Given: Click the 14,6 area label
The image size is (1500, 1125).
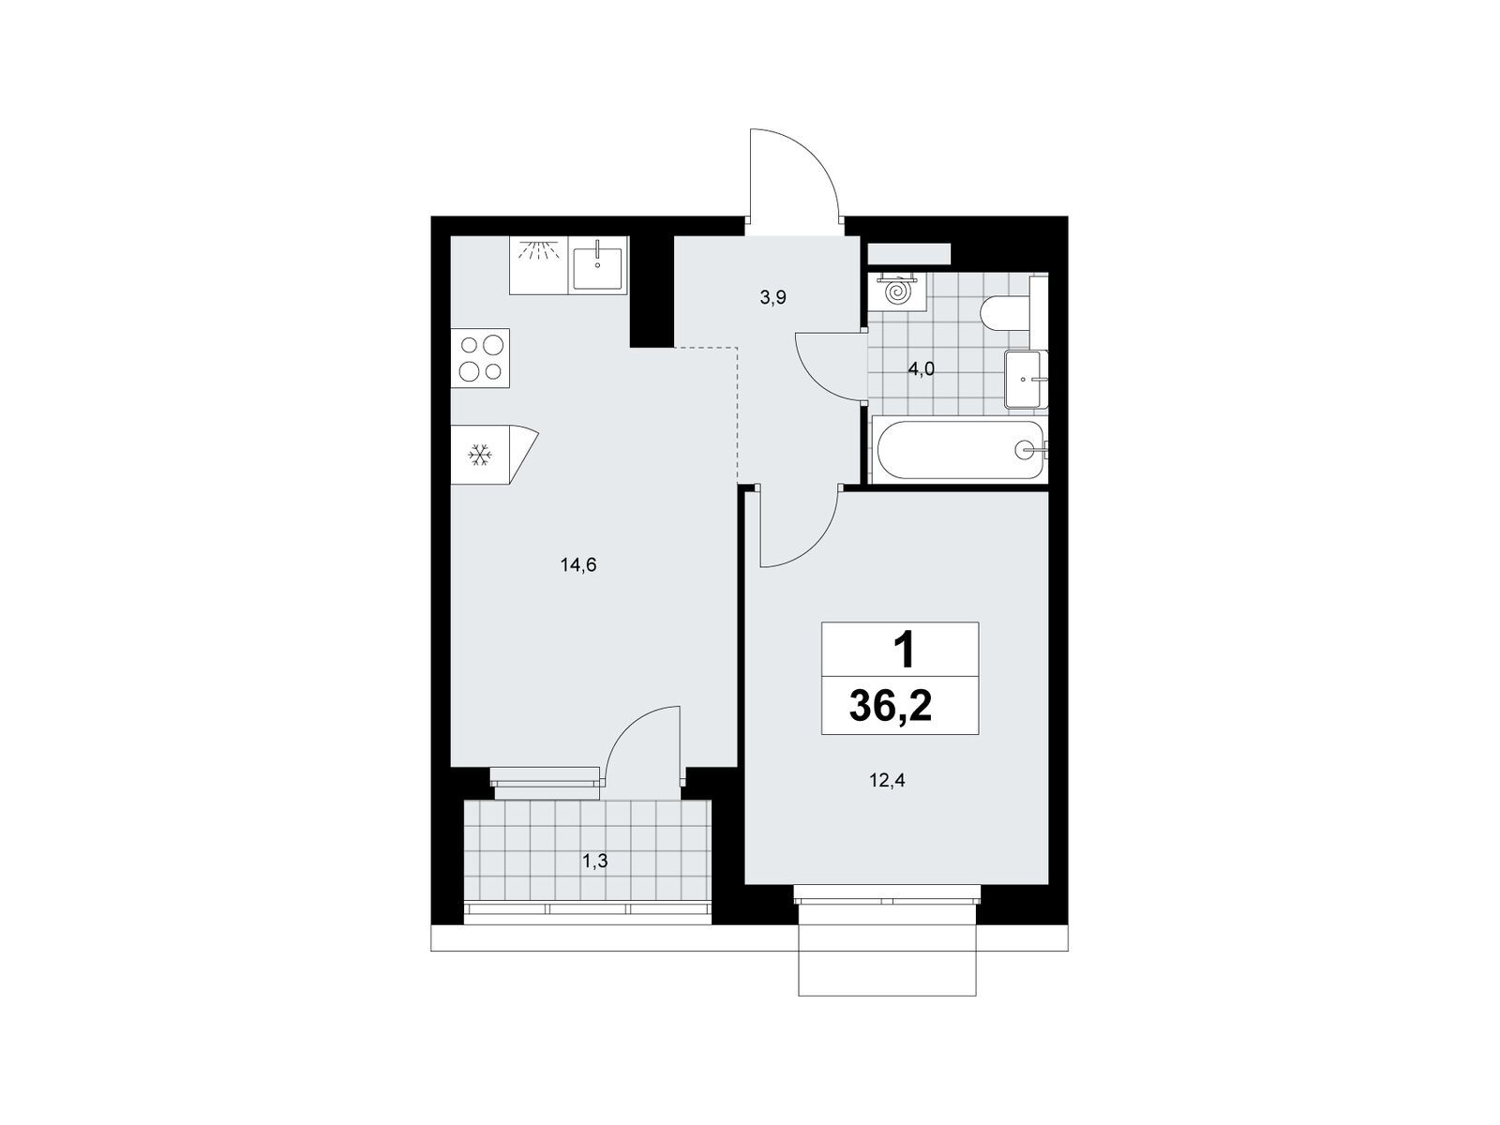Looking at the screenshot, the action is [578, 564].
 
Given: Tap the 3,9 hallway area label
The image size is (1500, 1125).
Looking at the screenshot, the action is [772, 297].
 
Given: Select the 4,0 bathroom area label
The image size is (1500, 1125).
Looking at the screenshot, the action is [921, 369].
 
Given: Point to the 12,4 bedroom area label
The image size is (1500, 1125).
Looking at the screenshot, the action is [887, 780].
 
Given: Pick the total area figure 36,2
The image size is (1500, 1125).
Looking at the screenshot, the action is [891, 706].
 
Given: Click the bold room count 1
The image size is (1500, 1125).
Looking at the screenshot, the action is [904, 651].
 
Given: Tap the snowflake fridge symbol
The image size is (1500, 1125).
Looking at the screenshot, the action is [480, 455].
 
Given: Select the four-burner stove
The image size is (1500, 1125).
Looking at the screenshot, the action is [480, 359].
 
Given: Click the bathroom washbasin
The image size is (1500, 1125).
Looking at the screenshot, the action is [1024, 379].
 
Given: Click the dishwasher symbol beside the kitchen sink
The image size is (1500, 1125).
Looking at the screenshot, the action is [539, 265].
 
